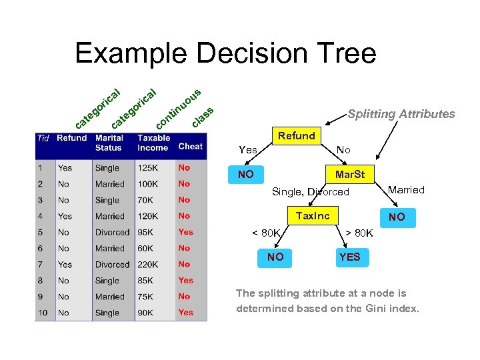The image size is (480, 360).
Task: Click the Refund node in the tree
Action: coord(297,136)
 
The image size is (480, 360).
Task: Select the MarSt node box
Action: coord(349,175)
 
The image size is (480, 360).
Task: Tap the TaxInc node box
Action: coord(312,215)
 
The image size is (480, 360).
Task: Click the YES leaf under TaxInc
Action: coord(349,257)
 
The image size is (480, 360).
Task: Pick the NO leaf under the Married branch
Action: coord(397,217)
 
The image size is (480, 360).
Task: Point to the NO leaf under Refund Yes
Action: coord(246,175)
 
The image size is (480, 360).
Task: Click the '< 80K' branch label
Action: coord(266,233)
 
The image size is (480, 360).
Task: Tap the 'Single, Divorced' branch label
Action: coord(311,192)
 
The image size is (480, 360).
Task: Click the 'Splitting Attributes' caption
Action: coord(401,114)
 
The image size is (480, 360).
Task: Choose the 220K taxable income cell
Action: coord(148,265)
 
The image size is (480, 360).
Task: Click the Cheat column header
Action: coord(190,146)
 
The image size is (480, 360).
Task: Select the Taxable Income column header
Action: coord(153,143)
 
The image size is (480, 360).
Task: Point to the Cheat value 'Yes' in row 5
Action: coord(185,232)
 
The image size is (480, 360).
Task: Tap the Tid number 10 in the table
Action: coord(43,313)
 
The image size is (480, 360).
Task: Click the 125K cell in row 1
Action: coord(148,168)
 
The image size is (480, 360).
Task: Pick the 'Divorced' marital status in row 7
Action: coord(112,265)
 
